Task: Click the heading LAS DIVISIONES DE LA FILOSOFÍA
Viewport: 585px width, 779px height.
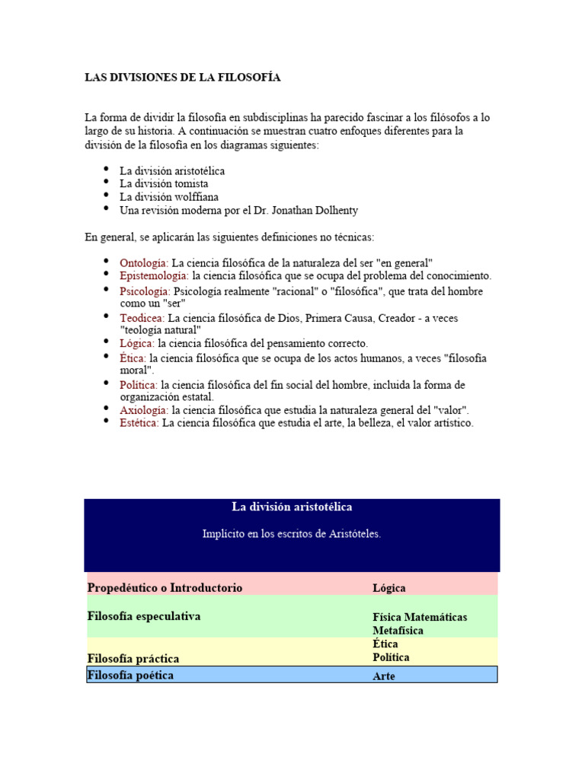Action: point(182,78)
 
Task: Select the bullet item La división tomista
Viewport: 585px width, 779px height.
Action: point(164,183)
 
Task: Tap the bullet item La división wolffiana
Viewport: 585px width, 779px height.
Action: point(168,196)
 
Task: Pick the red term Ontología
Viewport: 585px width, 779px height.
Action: point(143,262)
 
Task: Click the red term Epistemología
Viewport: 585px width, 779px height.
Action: point(154,275)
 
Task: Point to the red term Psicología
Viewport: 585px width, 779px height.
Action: point(145,291)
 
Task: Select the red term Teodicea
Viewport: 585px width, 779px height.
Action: point(142,318)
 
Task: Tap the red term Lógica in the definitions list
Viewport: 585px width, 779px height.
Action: point(137,343)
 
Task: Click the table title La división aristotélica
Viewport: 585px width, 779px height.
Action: point(292,507)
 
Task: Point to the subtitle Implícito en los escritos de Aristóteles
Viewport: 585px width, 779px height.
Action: point(292,534)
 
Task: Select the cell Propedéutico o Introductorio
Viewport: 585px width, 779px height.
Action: point(165,587)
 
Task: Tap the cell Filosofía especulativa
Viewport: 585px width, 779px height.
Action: point(144,616)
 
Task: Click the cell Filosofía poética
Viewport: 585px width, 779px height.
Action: point(130,675)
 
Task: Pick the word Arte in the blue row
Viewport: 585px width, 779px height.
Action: point(384,676)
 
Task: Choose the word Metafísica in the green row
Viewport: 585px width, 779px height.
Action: point(398,631)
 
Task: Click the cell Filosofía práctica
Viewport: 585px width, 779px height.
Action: point(133,658)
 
